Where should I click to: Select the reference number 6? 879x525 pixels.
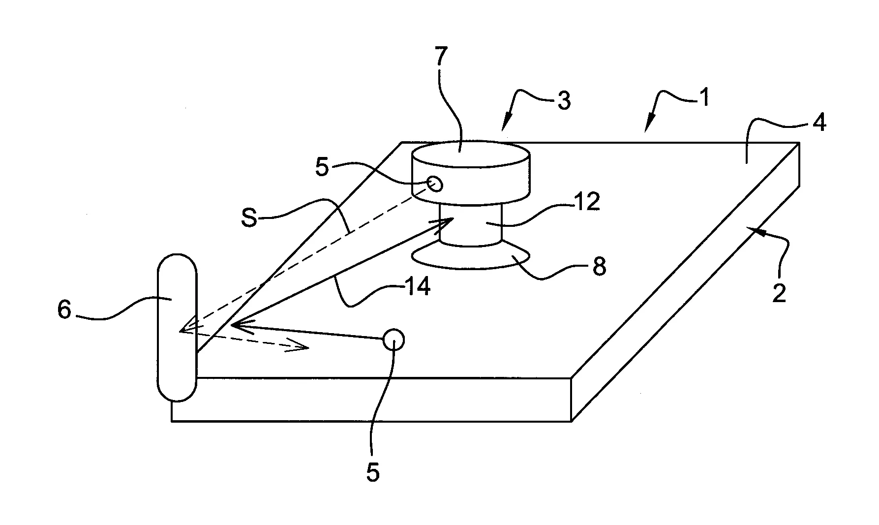click(x=64, y=310)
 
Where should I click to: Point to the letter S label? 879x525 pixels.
click(x=250, y=217)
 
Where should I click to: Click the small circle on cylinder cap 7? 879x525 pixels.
click(x=435, y=184)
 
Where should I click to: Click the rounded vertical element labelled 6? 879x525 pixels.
click(x=177, y=327)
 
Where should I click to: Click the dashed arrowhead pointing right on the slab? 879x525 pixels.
click(x=298, y=346)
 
